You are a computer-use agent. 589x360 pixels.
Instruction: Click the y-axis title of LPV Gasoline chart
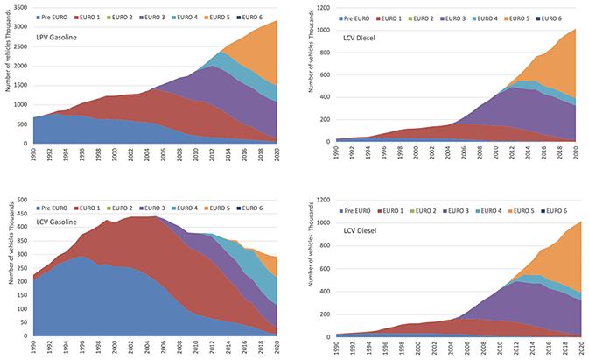coord(8,79)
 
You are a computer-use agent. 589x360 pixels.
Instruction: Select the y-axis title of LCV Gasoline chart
coord(8,263)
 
